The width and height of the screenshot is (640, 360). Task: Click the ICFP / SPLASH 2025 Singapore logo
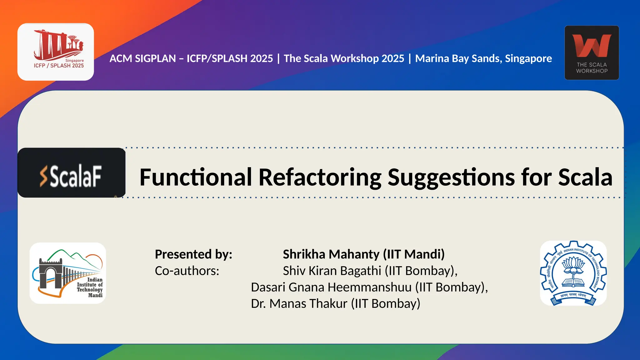[56, 52]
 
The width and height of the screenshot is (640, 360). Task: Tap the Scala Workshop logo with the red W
[592, 52]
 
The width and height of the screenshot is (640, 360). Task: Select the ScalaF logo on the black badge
[72, 173]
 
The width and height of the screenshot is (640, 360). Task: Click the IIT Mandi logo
[68, 273]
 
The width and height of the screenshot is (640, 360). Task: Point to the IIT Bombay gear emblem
[573, 273]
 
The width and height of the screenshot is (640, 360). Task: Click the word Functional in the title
[196, 177]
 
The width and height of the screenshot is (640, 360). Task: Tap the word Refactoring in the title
[320, 177]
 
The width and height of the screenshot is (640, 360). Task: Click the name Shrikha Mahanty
[331, 254]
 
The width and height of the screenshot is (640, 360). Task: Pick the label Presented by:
[193, 254]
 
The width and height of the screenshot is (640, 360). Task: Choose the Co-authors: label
[187, 271]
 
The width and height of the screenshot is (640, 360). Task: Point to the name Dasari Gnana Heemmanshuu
[331, 287]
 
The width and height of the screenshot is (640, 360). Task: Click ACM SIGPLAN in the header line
[143, 58]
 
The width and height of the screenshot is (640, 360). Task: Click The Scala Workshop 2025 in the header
[344, 58]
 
